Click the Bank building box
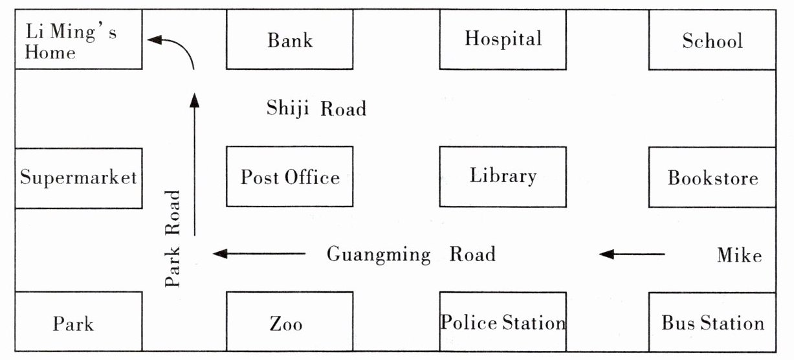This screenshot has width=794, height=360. tap(290, 39)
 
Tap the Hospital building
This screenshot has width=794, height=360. tap(503, 39)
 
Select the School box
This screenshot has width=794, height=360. tap(712, 39)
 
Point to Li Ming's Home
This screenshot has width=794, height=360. tap(78, 39)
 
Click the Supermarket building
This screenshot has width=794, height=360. tap(78, 178)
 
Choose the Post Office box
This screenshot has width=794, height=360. tap(290, 176)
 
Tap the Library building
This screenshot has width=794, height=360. tap(503, 177)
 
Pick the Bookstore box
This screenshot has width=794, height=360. tap(712, 177)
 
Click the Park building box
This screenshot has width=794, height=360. tap(78, 322)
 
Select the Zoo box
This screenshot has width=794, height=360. tap(290, 322)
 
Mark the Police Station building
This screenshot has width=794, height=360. tap(503, 322)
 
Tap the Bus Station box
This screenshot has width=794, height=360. tap(712, 322)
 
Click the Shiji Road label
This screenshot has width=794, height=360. tap(316, 108)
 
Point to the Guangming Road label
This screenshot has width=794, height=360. tap(411, 254)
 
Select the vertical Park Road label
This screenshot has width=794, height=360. tap(173, 238)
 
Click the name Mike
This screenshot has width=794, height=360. tap(740, 255)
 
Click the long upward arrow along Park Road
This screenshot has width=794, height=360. tap(195, 164)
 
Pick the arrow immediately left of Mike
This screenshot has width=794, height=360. tap(632, 254)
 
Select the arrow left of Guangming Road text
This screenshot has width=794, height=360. tap(259, 254)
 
